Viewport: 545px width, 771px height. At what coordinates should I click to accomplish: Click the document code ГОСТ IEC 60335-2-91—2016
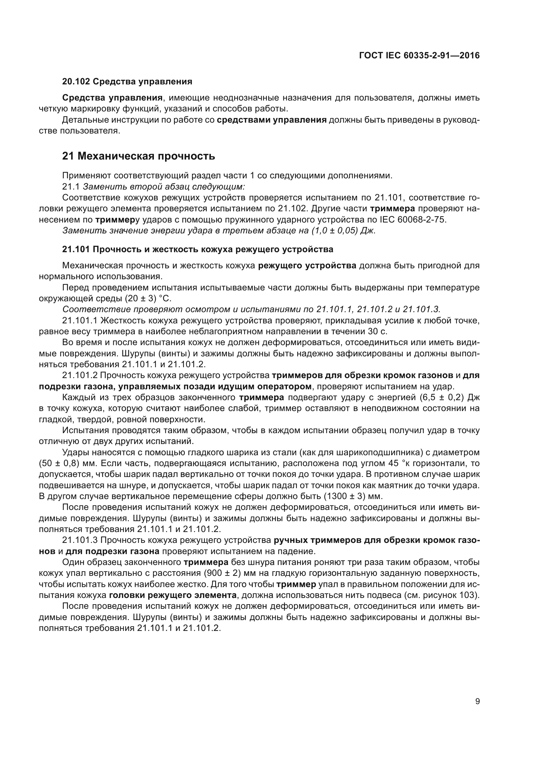pos(419,56)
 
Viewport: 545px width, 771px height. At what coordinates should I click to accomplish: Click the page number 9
pos(477,701)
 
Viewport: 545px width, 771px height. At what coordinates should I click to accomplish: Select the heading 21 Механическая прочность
pos(139,156)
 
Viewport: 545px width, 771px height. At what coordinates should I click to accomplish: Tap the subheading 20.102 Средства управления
pos(127,82)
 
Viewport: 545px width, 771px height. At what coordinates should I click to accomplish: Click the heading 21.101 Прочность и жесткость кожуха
pos(198,249)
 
